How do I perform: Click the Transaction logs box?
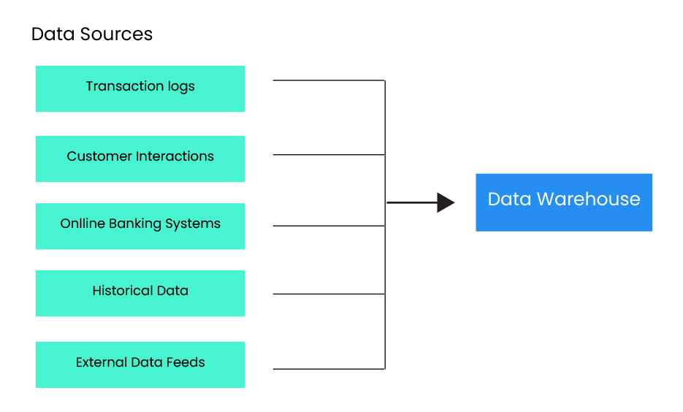[x=140, y=89]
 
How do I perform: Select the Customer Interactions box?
[x=140, y=159]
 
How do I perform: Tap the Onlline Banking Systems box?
[x=140, y=226]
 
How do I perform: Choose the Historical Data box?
[x=140, y=293]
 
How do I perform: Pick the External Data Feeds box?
[x=140, y=365]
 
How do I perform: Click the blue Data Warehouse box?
[x=564, y=202]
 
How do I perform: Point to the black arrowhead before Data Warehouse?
[x=446, y=202]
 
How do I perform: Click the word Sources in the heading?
[x=116, y=34]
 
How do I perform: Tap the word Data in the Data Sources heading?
[x=53, y=34]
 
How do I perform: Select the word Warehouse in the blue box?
[x=589, y=199]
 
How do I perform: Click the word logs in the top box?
[x=181, y=87]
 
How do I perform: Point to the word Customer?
[x=99, y=156]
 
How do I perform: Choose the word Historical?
[x=123, y=291]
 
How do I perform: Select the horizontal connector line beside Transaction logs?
[x=329, y=80]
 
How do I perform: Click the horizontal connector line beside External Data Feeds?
[x=329, y=369]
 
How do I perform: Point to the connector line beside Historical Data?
[x=329, y=294]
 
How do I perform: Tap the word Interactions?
[x=175, y=156]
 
